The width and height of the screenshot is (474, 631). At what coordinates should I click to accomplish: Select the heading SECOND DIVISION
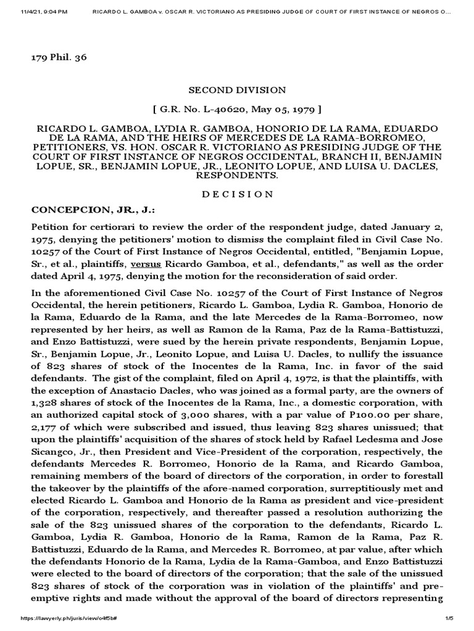click(x=236, y=90)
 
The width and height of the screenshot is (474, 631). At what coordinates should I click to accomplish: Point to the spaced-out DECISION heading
click(x=236, y=193)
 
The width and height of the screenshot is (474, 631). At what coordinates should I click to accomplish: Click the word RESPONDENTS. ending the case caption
click(x=236, y=175)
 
